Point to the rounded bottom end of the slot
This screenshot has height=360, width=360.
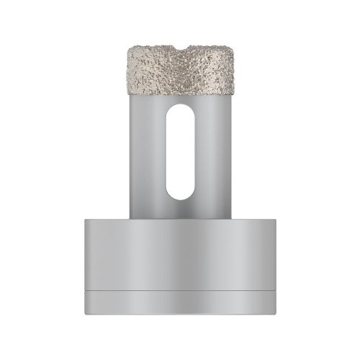(x=180, y=197)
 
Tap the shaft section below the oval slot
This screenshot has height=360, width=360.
(x=180, y=209)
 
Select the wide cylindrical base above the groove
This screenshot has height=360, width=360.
(x=180, y=252)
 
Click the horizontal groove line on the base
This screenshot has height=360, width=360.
(x=180, y=289)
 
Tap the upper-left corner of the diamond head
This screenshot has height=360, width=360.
(x=128, y=48)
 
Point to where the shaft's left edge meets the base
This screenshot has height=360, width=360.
(x=132, y=216)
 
